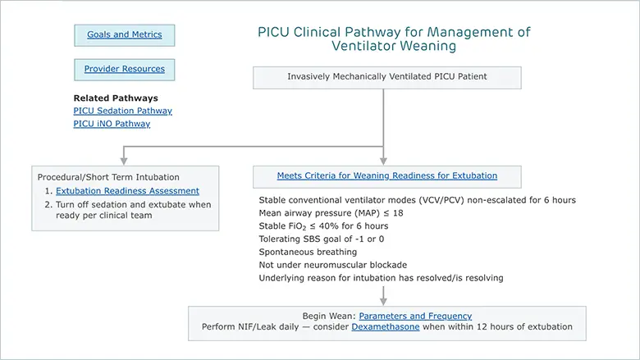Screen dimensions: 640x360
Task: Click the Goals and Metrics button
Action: pos(125,35)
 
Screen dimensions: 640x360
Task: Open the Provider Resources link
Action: pos(125,69)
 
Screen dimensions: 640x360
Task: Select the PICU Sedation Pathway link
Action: pos(122,111)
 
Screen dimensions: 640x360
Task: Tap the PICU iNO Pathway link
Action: pos(112,124)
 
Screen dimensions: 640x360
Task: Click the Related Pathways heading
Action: pos(116,98)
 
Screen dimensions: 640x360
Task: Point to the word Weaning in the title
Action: pos(428,46)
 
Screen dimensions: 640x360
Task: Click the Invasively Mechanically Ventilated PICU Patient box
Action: pos(387,77)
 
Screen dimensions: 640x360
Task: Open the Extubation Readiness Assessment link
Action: pos(127,191)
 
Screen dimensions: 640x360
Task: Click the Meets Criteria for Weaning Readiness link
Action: pos(387,175)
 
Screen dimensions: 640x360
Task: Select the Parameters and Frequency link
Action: pos(415,316)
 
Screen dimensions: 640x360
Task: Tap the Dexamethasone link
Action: pos(386,327)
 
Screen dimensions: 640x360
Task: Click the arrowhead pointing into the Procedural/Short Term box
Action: pos(124,161)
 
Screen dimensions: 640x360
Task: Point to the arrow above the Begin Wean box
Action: pos(383,295)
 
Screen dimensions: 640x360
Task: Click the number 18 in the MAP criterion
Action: pos(398,213)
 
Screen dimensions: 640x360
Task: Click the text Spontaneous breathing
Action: pos(308,252)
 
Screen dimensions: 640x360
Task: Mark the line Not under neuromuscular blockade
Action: pos(332,265)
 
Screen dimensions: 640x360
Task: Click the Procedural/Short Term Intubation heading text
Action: pos(108,177)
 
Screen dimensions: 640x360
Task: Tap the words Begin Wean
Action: pos(328,316)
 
